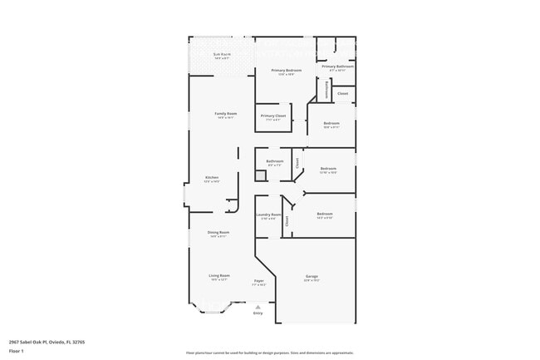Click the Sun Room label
pos(221,54)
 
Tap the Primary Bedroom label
pos(286,71)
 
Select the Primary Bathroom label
pos(337,67)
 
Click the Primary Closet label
pos(272,116)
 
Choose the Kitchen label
pos(212,177)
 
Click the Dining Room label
pos(218,232)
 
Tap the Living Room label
pos(218,275)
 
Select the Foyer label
pos(258,281)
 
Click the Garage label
pos(312,276)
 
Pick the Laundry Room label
pos(270,215)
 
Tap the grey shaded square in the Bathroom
pos(260,175)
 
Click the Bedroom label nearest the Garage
pos(324,215)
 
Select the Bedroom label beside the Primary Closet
pos(331,123)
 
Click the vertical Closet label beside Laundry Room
pos(287,221)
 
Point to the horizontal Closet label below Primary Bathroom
pos(342,93)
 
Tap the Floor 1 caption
pos(17,351)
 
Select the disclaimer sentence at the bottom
pos(270,353)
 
